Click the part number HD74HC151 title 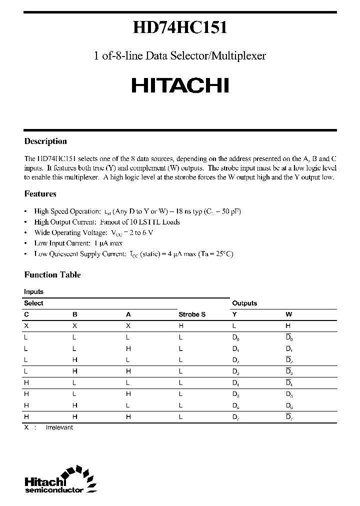pos(180,28)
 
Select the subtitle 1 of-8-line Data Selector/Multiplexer pos(180,56)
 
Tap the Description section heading pos(45,141)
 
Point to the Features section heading pos(40,194)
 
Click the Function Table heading pos(52,275)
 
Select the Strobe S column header pos(192,315)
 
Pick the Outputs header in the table pos(244,303)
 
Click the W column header pos(288,315)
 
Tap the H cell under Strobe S pos(181,325)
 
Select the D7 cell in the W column pos(289,416)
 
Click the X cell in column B pos(75,325)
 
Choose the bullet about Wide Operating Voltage pos(93,232)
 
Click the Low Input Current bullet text pos(78,243)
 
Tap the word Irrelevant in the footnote pos(59,427)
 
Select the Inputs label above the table pos(33,291)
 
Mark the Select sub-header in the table pos(33,303)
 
